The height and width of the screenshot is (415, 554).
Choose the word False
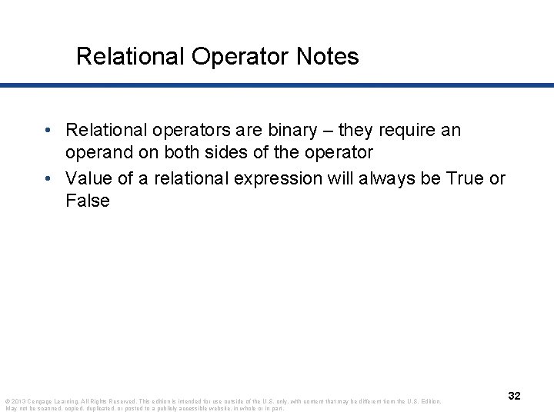click(x=88, y=201)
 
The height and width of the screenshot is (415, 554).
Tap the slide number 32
click(x=515, y=395)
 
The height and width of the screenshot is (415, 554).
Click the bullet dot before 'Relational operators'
click(x=48, y=131)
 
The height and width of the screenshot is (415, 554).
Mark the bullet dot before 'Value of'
click(x=48, y=178)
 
